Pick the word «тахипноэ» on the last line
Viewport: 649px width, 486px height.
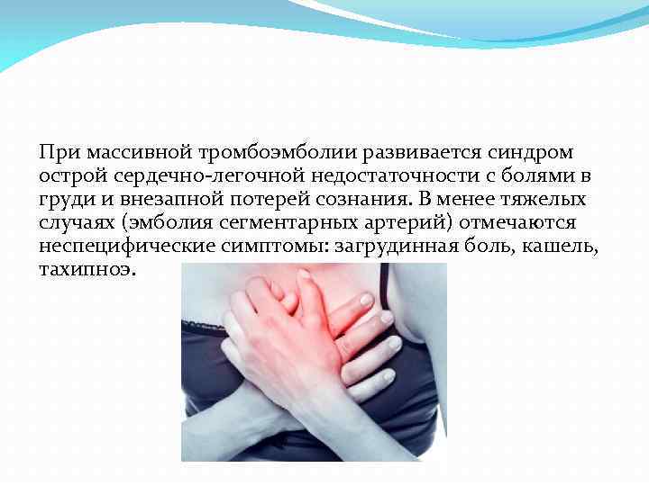click(87, 270)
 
